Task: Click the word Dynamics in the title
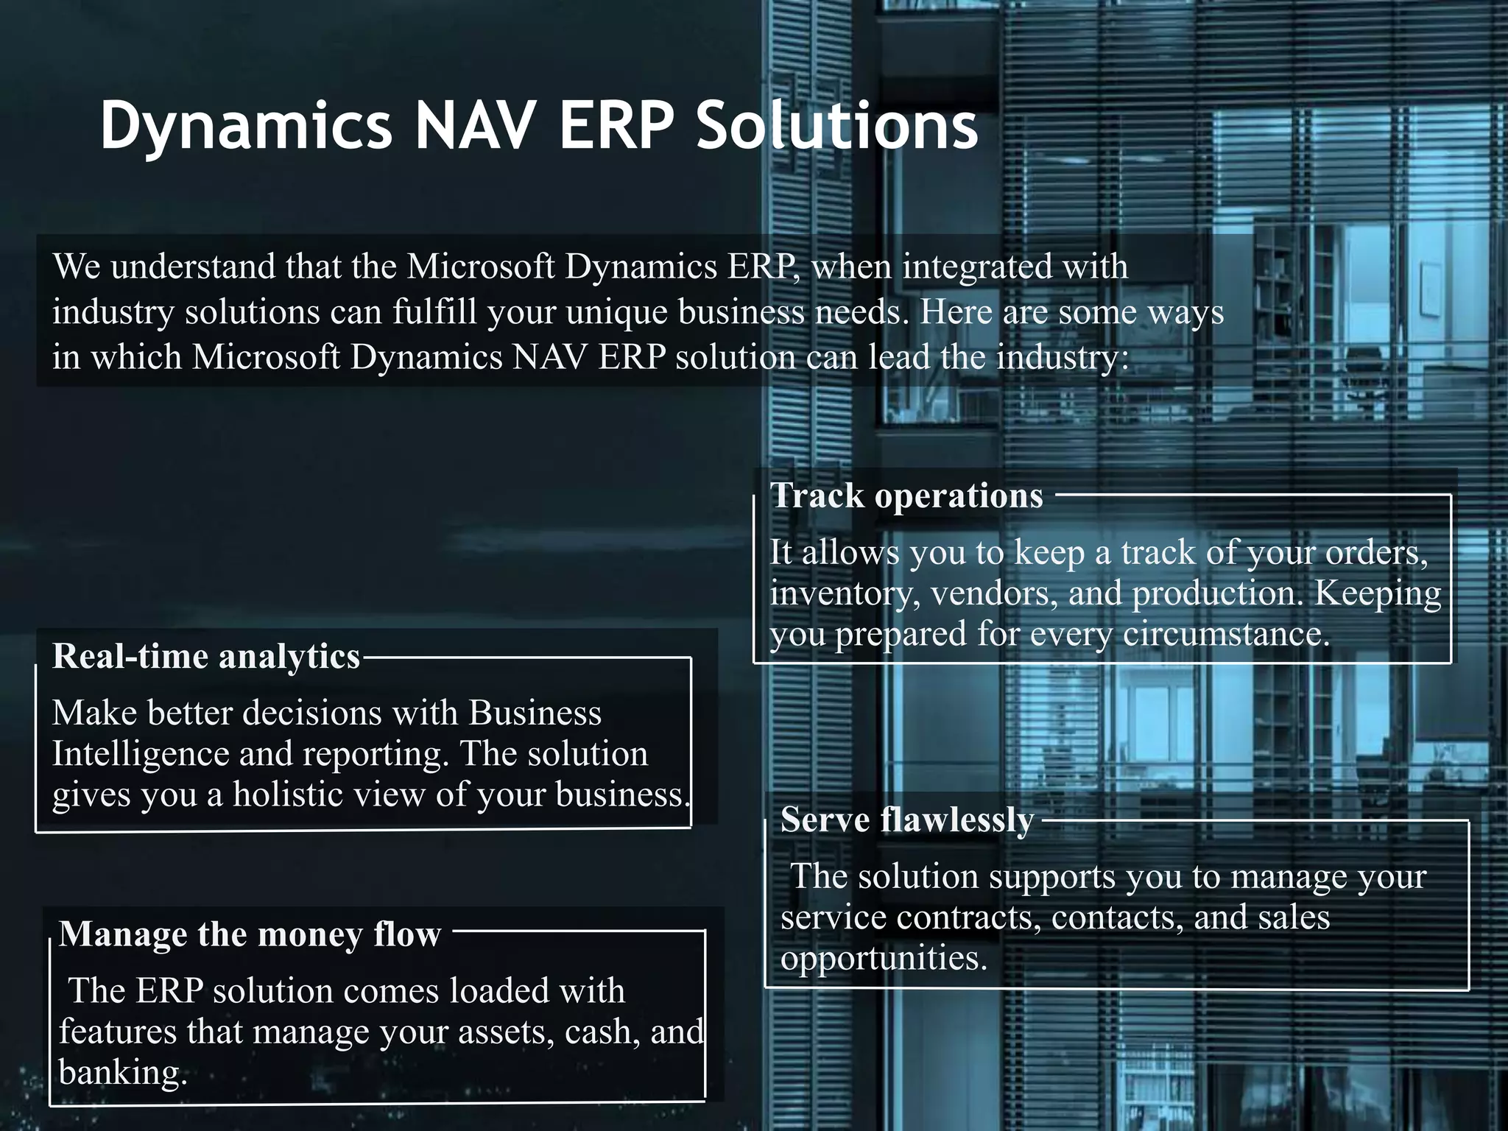click(x=246, y=127)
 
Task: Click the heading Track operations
click(x=906, y=496)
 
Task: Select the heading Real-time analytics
click(x=206, y=656)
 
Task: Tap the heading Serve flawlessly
click(x=907, y=820)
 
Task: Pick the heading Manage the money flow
click(x=250, y=934)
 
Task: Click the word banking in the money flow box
click(x=119, y=1072)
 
